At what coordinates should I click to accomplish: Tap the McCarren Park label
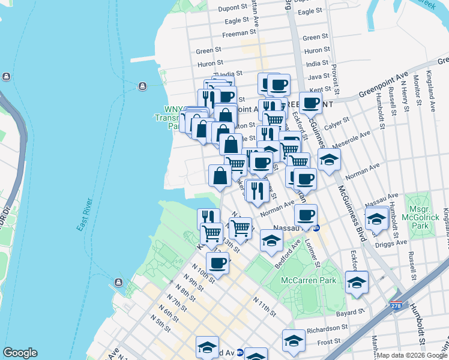[x=308, y=280]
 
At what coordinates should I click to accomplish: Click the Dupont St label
[x=233, y=8]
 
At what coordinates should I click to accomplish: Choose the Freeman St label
[x=235, y=34]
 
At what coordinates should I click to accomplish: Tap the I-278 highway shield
[x=397, y=306]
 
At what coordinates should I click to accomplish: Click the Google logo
[x=20, y=353]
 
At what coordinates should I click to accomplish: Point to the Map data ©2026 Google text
[x=411, y=355]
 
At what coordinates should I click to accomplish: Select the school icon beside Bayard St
[x=357, y=283]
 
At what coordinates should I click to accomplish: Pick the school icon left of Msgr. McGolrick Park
[x=376, y=220]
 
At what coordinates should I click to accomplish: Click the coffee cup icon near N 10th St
[x=217, y=263]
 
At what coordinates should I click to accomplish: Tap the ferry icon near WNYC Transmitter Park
[x=143, y=86]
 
